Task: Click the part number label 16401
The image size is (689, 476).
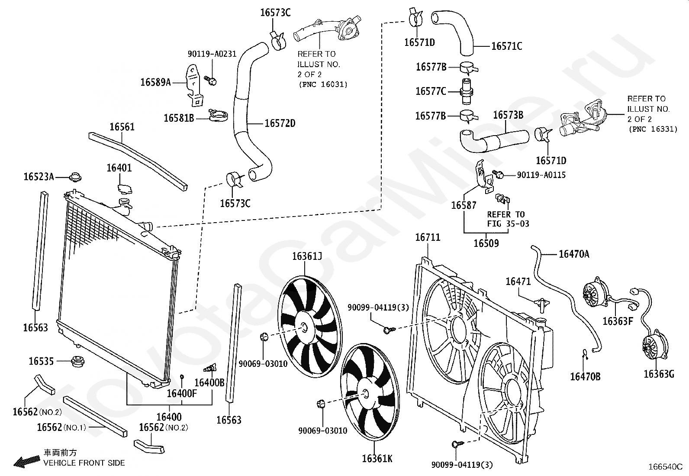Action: [119, 168]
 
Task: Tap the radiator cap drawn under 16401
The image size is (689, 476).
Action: [125, 189]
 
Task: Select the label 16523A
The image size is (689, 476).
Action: [39, 177]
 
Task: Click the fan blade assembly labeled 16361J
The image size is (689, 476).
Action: [309, 327]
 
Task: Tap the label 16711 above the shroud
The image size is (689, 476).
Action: [428, 237]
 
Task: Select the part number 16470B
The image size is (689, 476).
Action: [585, 376]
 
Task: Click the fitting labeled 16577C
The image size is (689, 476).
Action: [467, 91]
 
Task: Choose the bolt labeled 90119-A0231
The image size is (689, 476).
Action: [211, 81]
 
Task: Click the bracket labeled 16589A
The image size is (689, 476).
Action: [195, 85]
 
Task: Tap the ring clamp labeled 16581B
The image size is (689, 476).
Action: [219, 116]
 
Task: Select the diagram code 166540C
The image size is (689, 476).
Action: [665, 467]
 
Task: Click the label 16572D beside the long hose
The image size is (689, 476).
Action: [280, 123]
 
